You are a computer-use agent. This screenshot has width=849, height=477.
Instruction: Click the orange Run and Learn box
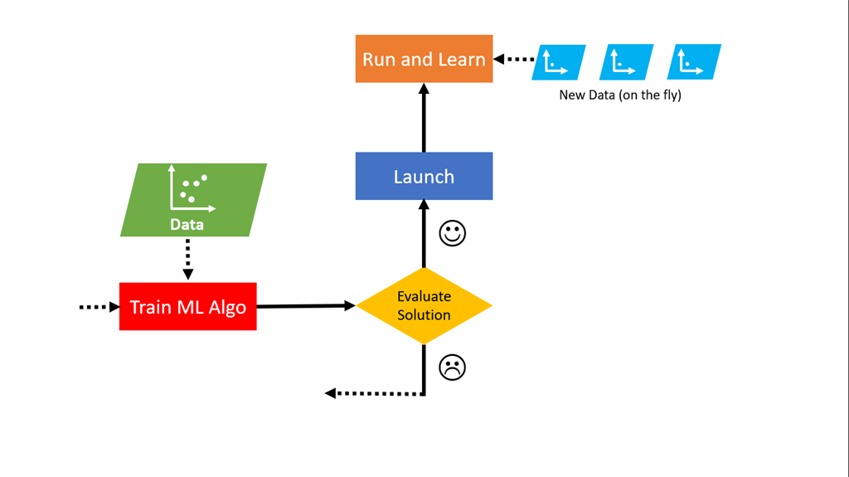click(424, 59)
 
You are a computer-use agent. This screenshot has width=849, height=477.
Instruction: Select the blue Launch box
click(424, 176)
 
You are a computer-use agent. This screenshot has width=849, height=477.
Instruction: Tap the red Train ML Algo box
click(187, 306)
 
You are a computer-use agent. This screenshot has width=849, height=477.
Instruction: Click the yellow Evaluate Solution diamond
click(424, 305)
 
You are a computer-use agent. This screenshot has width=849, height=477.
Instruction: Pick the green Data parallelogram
click(193, 200)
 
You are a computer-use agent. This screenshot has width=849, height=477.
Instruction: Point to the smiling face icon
click(452, 234)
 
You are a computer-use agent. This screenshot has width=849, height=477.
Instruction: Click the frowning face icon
click(452, 367)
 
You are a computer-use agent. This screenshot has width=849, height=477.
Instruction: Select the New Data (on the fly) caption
click(619, 95)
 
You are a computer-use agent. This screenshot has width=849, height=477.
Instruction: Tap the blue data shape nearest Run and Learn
click(558, 61)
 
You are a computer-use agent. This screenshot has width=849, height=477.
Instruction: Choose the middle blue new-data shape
click(626, 61)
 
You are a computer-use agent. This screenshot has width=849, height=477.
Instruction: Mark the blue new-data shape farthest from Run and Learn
click(694, 61)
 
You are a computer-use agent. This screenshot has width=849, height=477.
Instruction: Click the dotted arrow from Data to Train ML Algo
click(187, 259)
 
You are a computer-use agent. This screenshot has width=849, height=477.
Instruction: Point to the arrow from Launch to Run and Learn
click(424, 117)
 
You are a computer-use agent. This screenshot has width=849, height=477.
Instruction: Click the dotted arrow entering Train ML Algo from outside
click(99, 307)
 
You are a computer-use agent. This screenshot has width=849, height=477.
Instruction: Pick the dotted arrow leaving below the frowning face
click(373, 392)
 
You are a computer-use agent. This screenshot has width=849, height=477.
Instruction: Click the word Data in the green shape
click(187, 224)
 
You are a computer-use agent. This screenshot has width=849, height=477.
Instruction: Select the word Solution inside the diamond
click(424, 315)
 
